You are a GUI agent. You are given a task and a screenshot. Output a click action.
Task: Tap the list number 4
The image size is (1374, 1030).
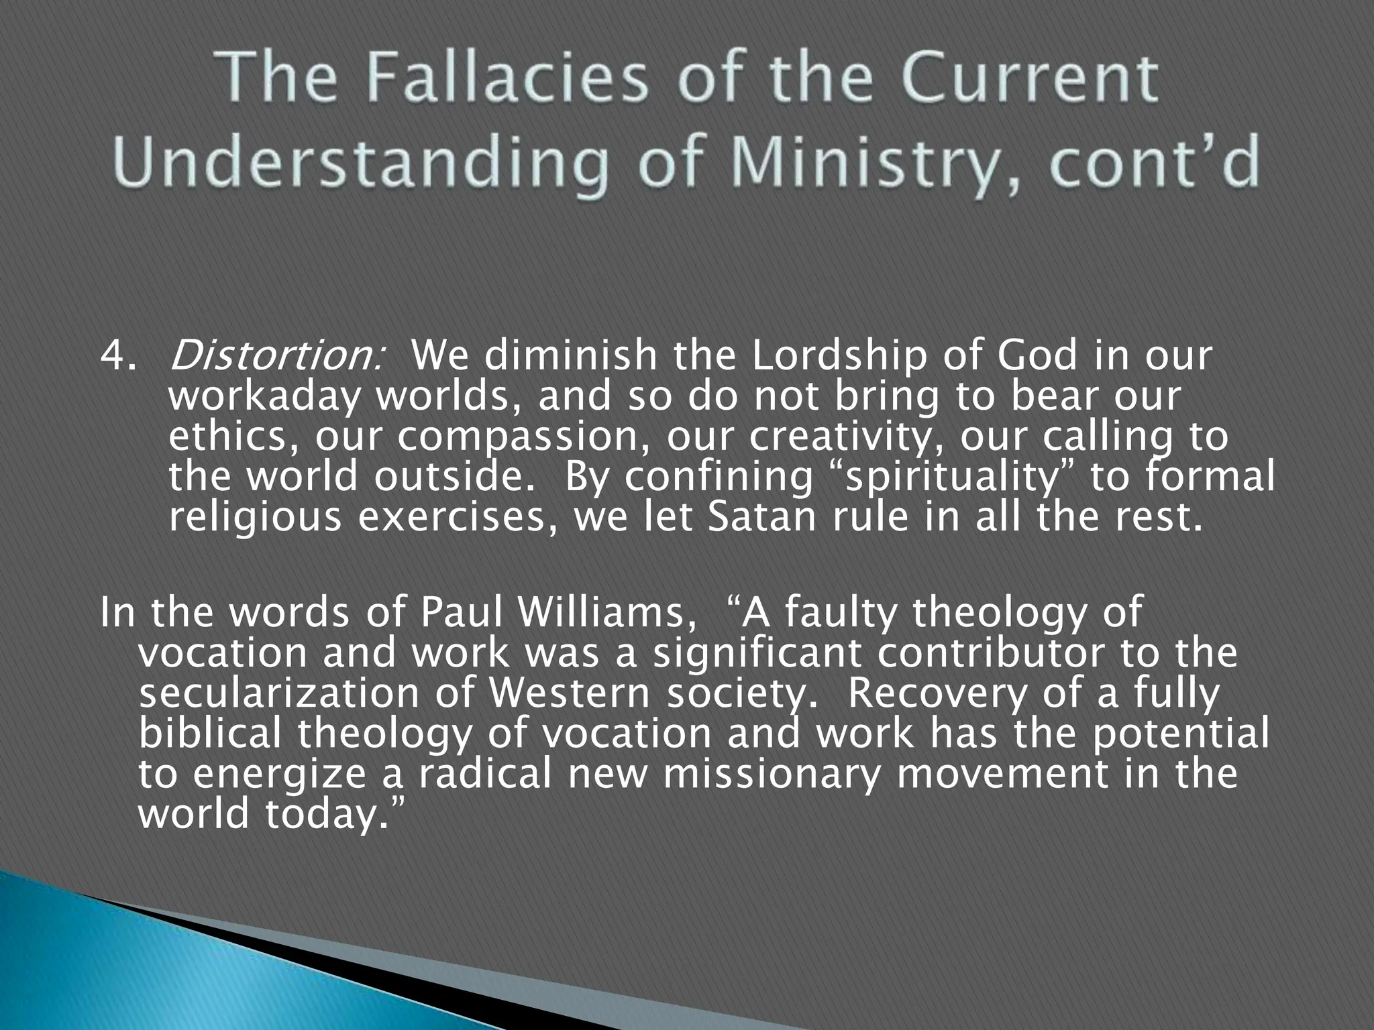tap(115, 357)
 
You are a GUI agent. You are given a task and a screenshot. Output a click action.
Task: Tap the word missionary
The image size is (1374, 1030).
tap(766, 774)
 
